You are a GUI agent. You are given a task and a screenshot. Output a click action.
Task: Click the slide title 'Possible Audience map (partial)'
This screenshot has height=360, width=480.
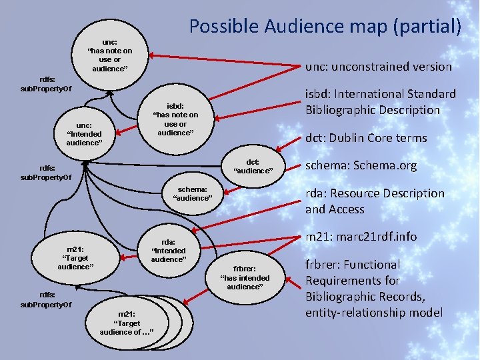tap(325, 26)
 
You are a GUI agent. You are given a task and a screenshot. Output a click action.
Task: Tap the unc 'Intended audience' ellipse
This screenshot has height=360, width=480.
tap(84, 133)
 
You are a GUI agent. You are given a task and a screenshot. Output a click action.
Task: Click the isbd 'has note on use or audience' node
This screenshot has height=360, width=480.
tap(175, 119)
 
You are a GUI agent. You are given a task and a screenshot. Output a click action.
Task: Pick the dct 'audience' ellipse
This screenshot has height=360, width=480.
tap(253, 166)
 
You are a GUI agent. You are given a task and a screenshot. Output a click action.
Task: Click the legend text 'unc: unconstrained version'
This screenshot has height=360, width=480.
tap(378, 66)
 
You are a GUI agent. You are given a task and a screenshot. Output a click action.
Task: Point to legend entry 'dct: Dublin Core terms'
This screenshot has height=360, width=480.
tap(365, 138)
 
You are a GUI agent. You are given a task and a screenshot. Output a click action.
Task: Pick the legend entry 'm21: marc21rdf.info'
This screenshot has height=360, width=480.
tap(361, 236)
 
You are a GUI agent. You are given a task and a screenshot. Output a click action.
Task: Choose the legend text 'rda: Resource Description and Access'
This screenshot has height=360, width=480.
tap(374, 201)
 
